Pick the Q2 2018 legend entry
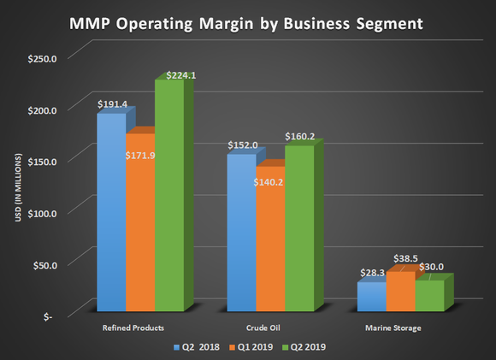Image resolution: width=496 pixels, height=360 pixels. coord(194,347)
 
